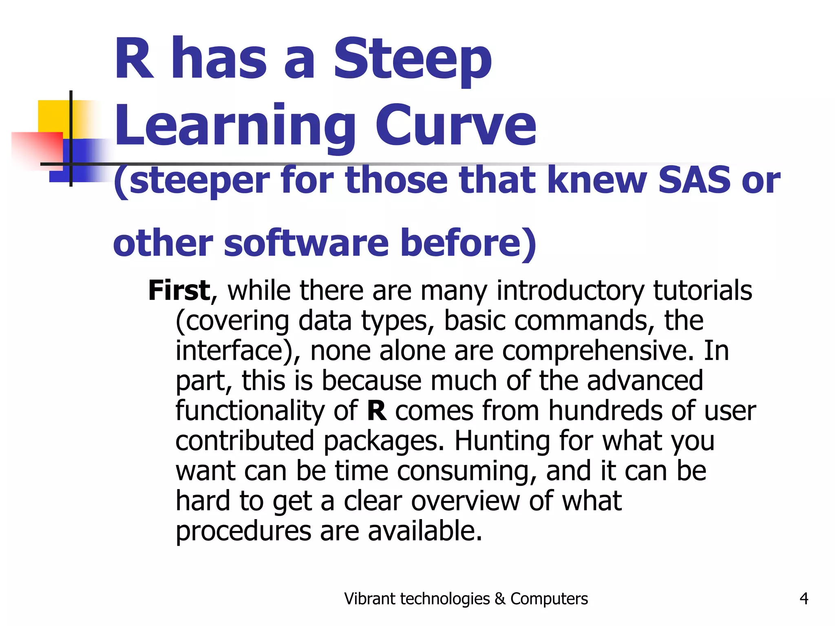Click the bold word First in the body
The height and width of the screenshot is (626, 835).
coord(179,291)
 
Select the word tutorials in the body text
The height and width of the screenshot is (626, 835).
coord(702,291)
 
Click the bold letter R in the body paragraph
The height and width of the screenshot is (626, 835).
coord(376,411)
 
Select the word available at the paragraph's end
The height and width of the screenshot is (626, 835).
coord(425,531)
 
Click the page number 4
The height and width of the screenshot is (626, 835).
coord(804,599)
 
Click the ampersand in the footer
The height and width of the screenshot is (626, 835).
coord(499,599)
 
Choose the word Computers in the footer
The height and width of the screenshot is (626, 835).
coord(549,599)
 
